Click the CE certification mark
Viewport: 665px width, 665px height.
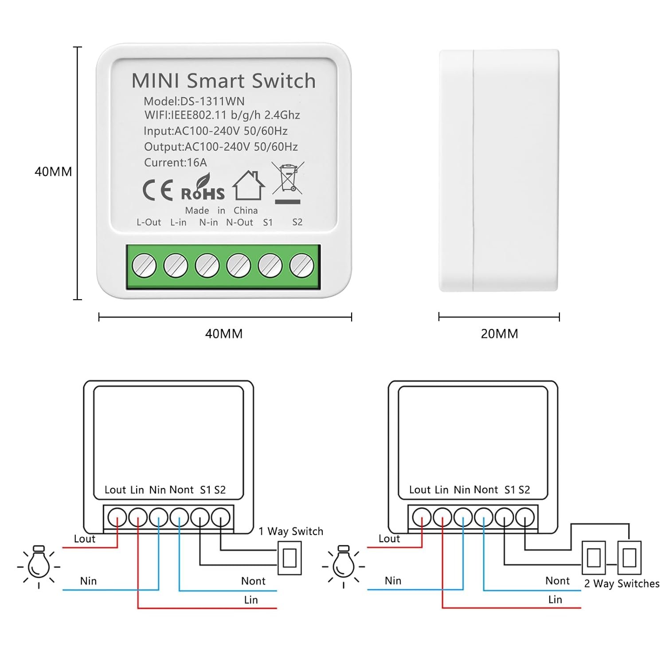(157, 191)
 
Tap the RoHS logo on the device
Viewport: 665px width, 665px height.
(203, 190)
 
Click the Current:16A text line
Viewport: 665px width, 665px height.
(176, 163)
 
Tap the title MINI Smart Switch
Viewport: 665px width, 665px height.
(223, 81)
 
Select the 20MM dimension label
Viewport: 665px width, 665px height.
(499, 334)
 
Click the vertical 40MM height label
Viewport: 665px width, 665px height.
(53, 172)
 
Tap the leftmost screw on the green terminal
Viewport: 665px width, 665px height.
(144, 266)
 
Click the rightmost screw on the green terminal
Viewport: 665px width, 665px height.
(301, 266)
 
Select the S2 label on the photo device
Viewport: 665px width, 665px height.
(297, 222)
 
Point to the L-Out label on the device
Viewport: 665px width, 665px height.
(149, 222)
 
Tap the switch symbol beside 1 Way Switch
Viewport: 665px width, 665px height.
(289, 558)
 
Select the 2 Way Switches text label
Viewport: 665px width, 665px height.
(622, 583)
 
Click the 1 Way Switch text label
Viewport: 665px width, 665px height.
(291, 531)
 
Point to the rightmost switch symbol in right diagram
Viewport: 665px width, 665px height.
(629, 557)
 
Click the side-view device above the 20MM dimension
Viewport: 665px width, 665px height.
(499, 171)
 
